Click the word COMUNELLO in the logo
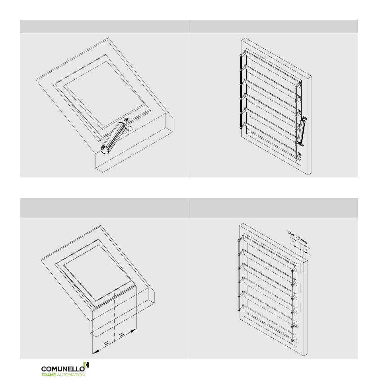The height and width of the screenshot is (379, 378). (x=63, y=369)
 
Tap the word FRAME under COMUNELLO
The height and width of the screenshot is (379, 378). (x=49, y=375)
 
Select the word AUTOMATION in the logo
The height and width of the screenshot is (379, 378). (x=70, y=375)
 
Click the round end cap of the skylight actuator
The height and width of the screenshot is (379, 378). (x=105, y=150)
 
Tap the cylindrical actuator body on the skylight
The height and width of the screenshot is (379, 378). (x=113, y=138)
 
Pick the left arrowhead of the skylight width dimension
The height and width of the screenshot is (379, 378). (x=95, y=352)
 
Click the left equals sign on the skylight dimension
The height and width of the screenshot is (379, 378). (x=106, y=343)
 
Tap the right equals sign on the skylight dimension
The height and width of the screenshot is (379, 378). (x=122, y=334)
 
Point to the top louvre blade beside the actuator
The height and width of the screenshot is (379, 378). (x=270, y=68)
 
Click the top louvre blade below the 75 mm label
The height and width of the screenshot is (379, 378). (x=267, y=251)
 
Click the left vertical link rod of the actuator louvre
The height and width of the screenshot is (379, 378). (x=241, y=91)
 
